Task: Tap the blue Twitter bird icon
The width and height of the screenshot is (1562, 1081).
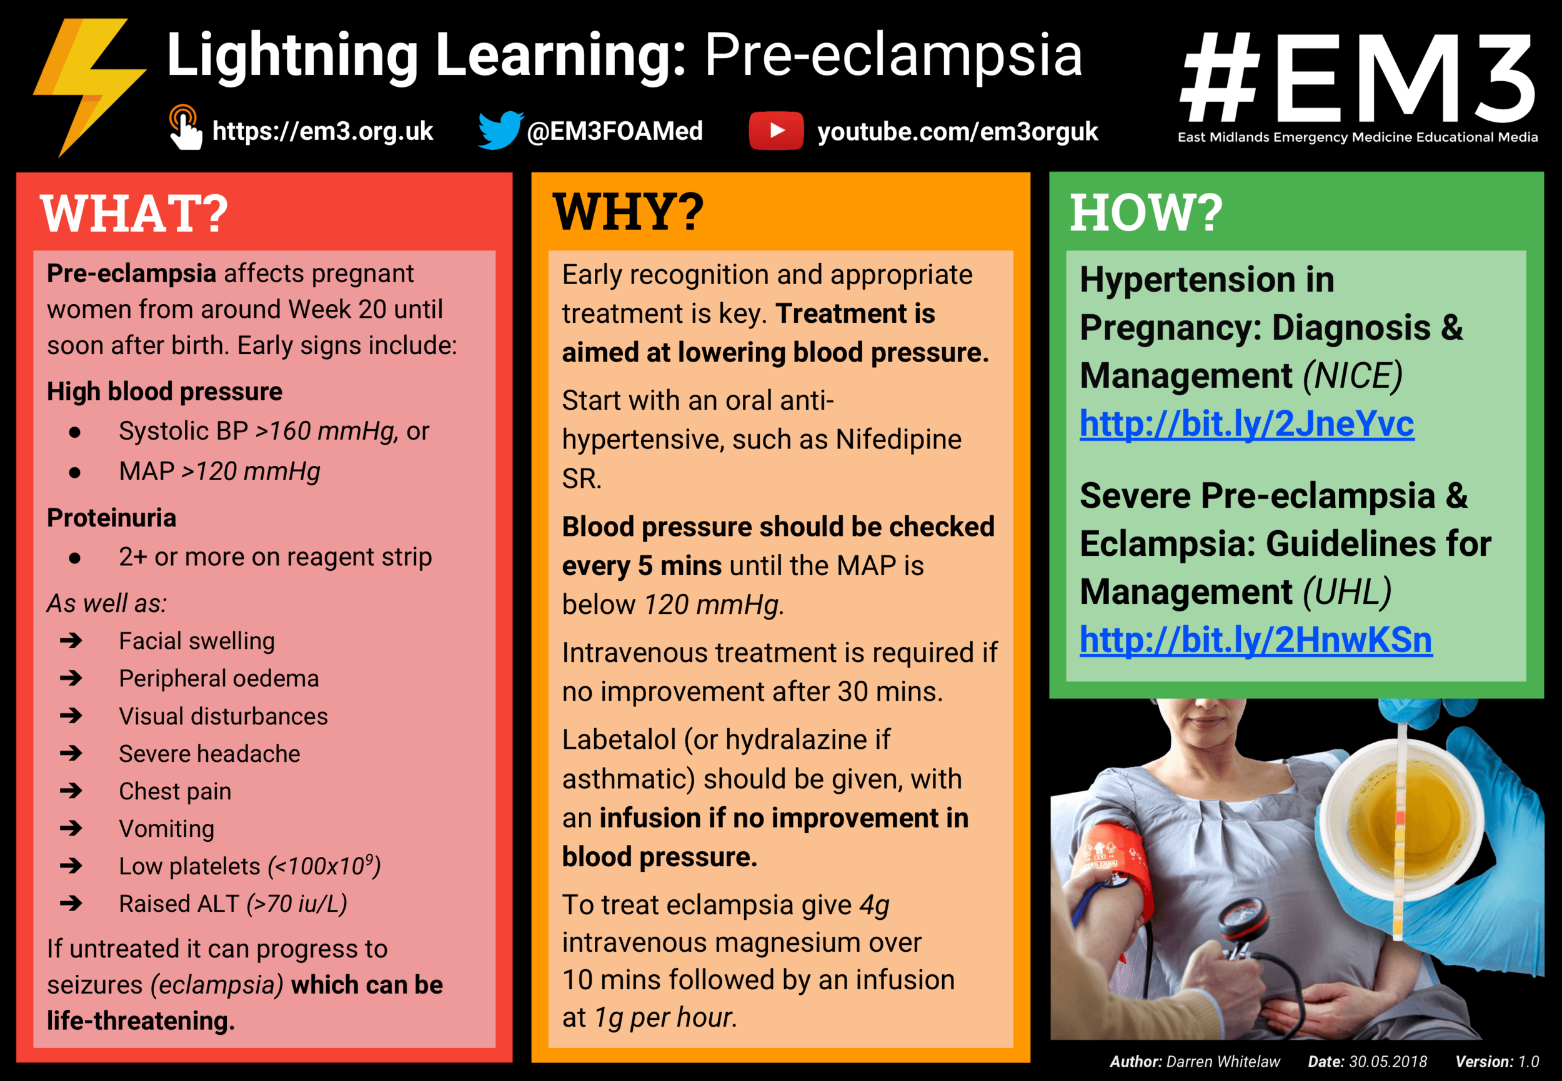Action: [x=499, y=129]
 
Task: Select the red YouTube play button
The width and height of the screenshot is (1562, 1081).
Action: [x=776, y=130]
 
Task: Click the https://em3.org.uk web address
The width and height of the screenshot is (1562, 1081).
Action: [x=322, y=131]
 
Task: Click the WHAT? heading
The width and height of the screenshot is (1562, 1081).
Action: [x=134, y=214]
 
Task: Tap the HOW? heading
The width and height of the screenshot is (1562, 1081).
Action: [x=1146, y=213]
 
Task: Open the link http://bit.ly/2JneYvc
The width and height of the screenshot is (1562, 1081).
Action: [x=1246, y=424]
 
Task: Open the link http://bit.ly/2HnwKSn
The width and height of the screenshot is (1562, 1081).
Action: [x=1255, y=640]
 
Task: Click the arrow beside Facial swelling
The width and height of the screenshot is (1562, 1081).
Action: [x=71, y=641]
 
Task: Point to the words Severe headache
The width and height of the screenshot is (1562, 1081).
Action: [x=209, y=754]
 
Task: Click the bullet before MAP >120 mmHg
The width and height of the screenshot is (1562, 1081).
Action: [x=74, y=472]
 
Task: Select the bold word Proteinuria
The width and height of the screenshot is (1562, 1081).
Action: [x=112, y=518]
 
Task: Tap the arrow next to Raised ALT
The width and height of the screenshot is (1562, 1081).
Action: [x=71, y=904]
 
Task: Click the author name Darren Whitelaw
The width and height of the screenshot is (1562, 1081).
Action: [x=1223, y=1062]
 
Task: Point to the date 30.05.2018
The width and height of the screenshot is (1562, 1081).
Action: [x=1387, y=1062]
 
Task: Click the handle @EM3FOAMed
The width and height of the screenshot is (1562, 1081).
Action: [x=615, y=131]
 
